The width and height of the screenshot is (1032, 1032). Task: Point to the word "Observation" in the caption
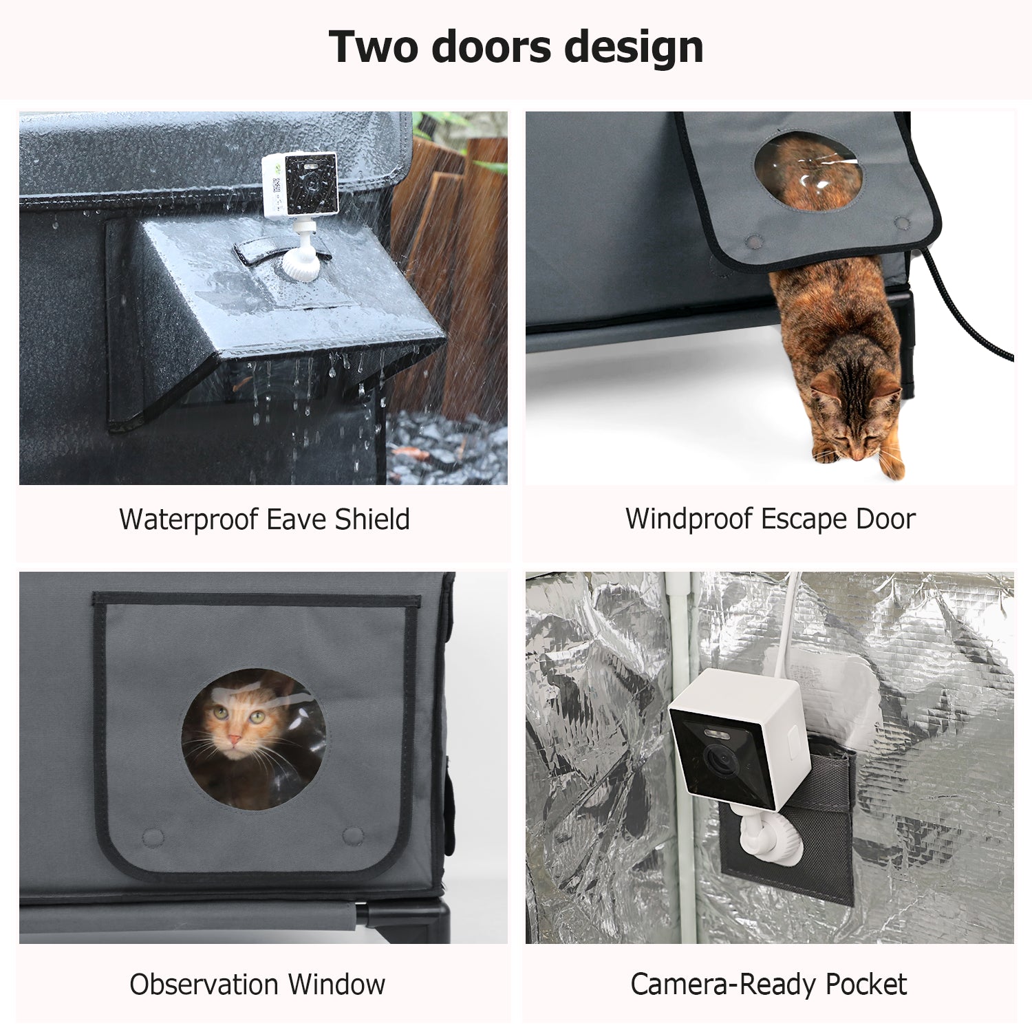[x=204, y=985]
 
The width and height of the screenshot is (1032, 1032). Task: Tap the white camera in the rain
[x=301, y=184]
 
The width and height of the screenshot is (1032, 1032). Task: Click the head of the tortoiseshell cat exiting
[x=854, y=420]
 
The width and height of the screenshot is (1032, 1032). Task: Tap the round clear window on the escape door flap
[x=808, y=170]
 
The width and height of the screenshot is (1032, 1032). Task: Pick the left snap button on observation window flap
[x=153, y=837]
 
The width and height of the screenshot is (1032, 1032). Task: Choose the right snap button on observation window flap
[x=353, y=836]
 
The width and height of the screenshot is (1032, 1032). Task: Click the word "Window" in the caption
[x=336, y=985]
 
